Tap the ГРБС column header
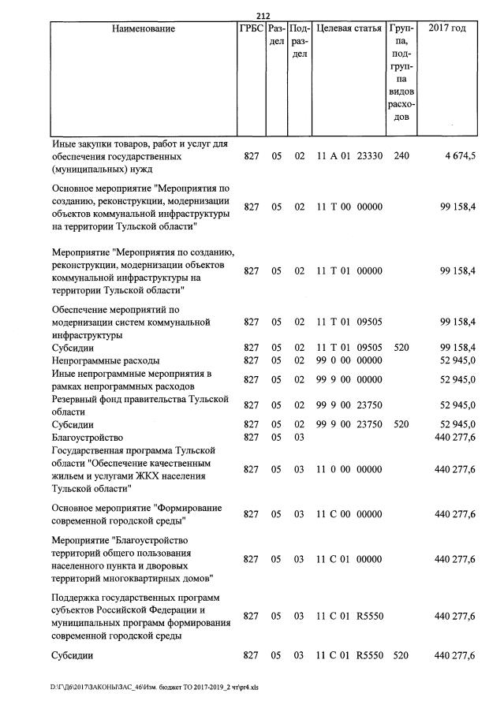(250, 29)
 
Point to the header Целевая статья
(349, 29)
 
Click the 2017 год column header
(446, 29)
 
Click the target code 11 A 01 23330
(349, 156)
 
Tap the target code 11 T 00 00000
(349, 207)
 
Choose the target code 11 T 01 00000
(349, 270)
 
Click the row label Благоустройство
(87, 437)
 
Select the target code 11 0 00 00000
(349, 469)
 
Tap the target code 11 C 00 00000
(349, 514)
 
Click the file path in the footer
(149, 687)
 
